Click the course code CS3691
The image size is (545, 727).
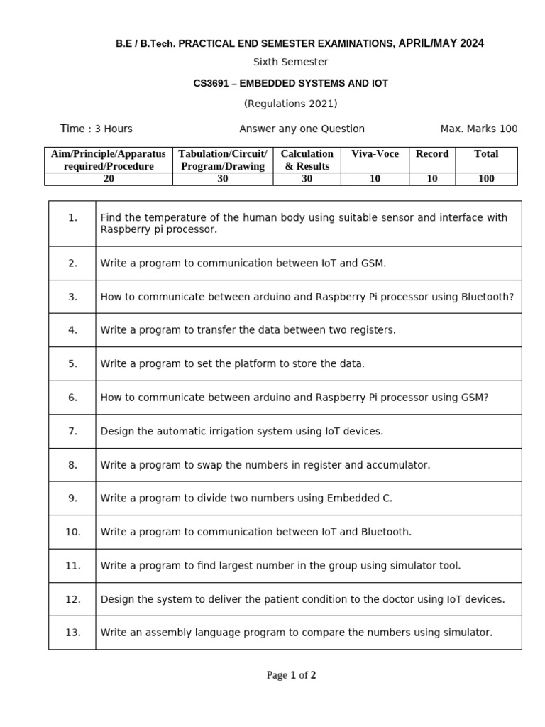pyautogui.click(x=210, y=83)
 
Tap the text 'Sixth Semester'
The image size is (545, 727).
pyautogui.click(x=290, y=62)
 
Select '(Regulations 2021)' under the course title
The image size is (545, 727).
pyautogui.click(x=290, y=104)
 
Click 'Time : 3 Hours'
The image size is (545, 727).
pyautogui.click(x=97, y=129)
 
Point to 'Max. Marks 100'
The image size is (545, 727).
pyautogui.click(x=479, y=129)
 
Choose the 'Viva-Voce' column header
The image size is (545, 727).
pyautogui.click(x=375, y=154)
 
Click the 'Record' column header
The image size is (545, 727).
pyautogui.click(x=432, y=154)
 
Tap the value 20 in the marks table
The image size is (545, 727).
pyautogui.click(x=109, y=179)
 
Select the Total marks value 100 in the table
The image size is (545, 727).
pyautogui.click(x=486, y=179)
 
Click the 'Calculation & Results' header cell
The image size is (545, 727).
pyautogui.click(x=307, y=160)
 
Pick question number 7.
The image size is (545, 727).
pyautogui.click(x=73, y=431)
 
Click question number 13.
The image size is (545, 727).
pyautogui.click(x=73, y=633)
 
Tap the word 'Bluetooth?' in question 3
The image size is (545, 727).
pyautogui.click(x=488, y=297)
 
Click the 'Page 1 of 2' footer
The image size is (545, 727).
pyautogui.click(x=291, y=675)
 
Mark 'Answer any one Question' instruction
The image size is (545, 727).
pyautogui.click(x=302, y=129)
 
